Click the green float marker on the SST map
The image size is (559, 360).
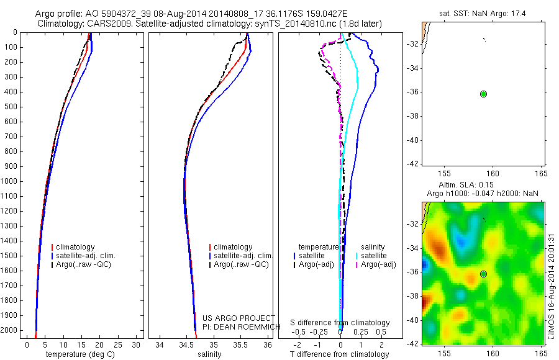click(483, 94)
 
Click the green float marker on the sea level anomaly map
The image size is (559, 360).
click(483, 274)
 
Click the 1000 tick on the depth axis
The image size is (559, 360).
click(12, 181)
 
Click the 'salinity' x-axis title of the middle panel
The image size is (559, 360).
click(209, 354)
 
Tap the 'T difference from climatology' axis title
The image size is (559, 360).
click(339, 354)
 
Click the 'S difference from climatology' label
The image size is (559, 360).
click(340, 323)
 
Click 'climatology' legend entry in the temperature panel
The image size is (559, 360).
click(76, 247)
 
